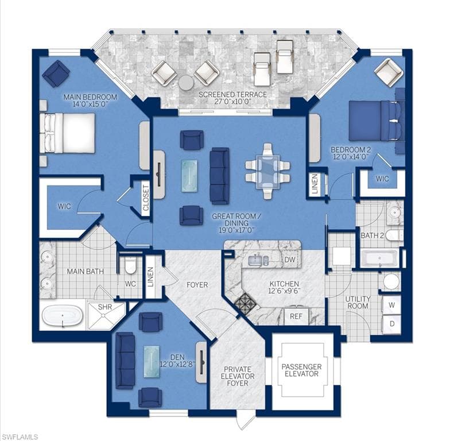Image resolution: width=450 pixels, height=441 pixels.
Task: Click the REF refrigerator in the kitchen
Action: click(296, 316)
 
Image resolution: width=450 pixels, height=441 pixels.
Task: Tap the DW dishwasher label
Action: click(289, 260)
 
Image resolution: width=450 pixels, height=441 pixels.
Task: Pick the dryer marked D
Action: click(391, 324)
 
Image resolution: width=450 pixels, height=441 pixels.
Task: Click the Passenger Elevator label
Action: click(301, 370)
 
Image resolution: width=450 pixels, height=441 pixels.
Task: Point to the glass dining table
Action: click(267, 171)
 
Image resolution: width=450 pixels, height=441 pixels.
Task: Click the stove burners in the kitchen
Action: click(245, 304)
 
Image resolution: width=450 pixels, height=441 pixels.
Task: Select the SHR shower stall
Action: click(106, 315)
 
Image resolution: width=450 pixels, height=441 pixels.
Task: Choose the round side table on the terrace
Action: click(187, 83)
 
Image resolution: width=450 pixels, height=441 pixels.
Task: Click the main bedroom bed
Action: click(68, 133)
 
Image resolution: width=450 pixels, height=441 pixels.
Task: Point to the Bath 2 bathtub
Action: click(379, 258)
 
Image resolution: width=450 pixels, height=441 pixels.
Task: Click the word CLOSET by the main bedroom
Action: click(146, 198)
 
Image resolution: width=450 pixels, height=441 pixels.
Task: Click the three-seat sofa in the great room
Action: click(219, 176)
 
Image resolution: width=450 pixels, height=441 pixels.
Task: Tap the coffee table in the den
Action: click(152, 362)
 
